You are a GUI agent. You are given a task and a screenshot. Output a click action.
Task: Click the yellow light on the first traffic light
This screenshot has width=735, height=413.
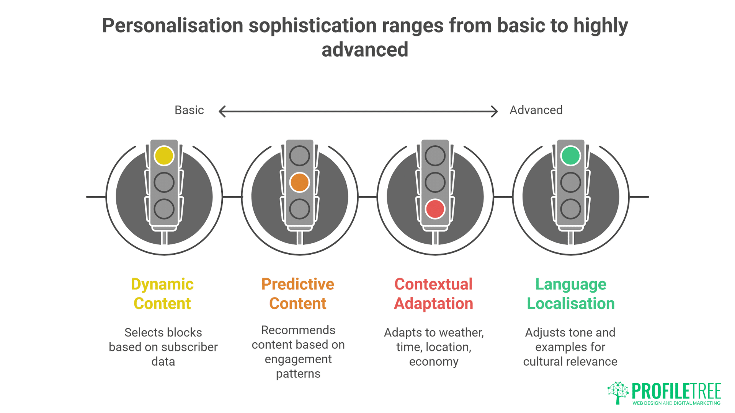[164, 156]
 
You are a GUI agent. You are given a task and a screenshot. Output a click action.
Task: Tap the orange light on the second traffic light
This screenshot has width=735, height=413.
[299, 182]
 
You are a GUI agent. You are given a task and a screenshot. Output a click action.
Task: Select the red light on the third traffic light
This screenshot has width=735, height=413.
[435, 209]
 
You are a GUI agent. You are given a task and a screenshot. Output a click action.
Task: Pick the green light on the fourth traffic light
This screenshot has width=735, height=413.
[570, 156]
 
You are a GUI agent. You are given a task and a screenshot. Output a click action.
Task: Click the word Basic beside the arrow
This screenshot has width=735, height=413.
[189, 110]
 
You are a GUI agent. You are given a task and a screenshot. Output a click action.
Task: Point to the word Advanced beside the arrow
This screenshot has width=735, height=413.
[536, 110]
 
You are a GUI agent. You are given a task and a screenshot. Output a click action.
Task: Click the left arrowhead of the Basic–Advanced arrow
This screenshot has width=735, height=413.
[222, 112]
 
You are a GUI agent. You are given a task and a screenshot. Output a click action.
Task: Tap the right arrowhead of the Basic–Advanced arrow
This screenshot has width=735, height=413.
[495, 112]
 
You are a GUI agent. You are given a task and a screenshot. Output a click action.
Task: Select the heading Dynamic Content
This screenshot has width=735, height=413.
[162, 294]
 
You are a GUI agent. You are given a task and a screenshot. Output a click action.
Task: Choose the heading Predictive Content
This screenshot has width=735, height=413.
[298, 294]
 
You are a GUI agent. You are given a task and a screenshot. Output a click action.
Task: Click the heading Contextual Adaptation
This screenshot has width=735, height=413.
[434, 294]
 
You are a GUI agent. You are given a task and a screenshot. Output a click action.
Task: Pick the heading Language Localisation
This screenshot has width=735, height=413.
[571, 294]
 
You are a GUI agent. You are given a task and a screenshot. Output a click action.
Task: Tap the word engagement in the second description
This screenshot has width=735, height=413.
[298, 359]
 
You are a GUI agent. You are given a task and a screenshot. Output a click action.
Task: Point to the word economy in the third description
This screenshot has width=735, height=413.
[434, 362]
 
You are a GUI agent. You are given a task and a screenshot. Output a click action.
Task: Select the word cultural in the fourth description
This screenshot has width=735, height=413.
[541, 362]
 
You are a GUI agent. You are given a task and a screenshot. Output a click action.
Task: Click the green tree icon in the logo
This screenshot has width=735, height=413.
[617, 392]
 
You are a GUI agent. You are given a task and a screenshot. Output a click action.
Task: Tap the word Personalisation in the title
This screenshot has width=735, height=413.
[173, 26]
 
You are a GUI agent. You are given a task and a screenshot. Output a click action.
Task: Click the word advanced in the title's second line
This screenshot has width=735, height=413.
[365, 50]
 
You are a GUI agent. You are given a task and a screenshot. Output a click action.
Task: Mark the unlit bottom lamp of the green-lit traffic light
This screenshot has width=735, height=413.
[570, 209]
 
